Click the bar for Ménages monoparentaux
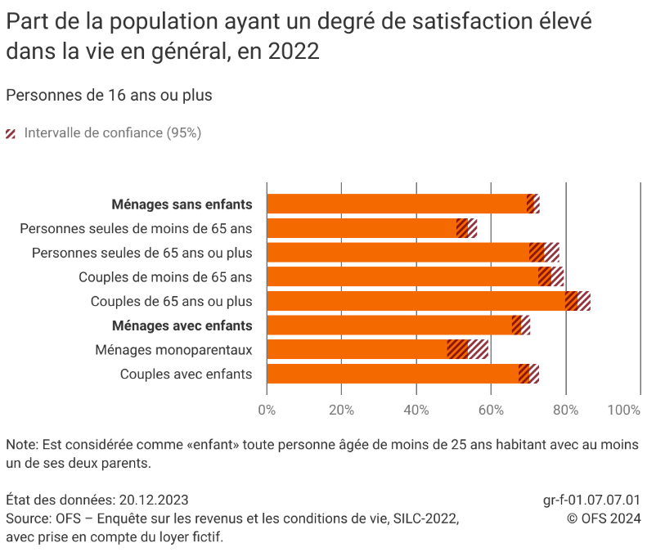357,350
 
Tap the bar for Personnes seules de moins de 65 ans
361,228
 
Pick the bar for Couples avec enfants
393,375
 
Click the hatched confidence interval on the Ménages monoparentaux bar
468,350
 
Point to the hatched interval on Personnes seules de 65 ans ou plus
545,253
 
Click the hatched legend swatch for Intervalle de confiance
11,133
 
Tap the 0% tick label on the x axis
267,411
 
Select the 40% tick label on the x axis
416,411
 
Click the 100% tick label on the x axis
625,411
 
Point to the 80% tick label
566,411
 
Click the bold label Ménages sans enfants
182,204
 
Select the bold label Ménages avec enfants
182,325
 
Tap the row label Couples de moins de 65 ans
165,277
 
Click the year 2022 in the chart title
293,52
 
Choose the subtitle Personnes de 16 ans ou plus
109,95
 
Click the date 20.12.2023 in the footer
154,500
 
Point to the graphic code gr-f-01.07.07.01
591,500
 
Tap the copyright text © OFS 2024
604,518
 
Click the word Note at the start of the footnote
20,446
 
